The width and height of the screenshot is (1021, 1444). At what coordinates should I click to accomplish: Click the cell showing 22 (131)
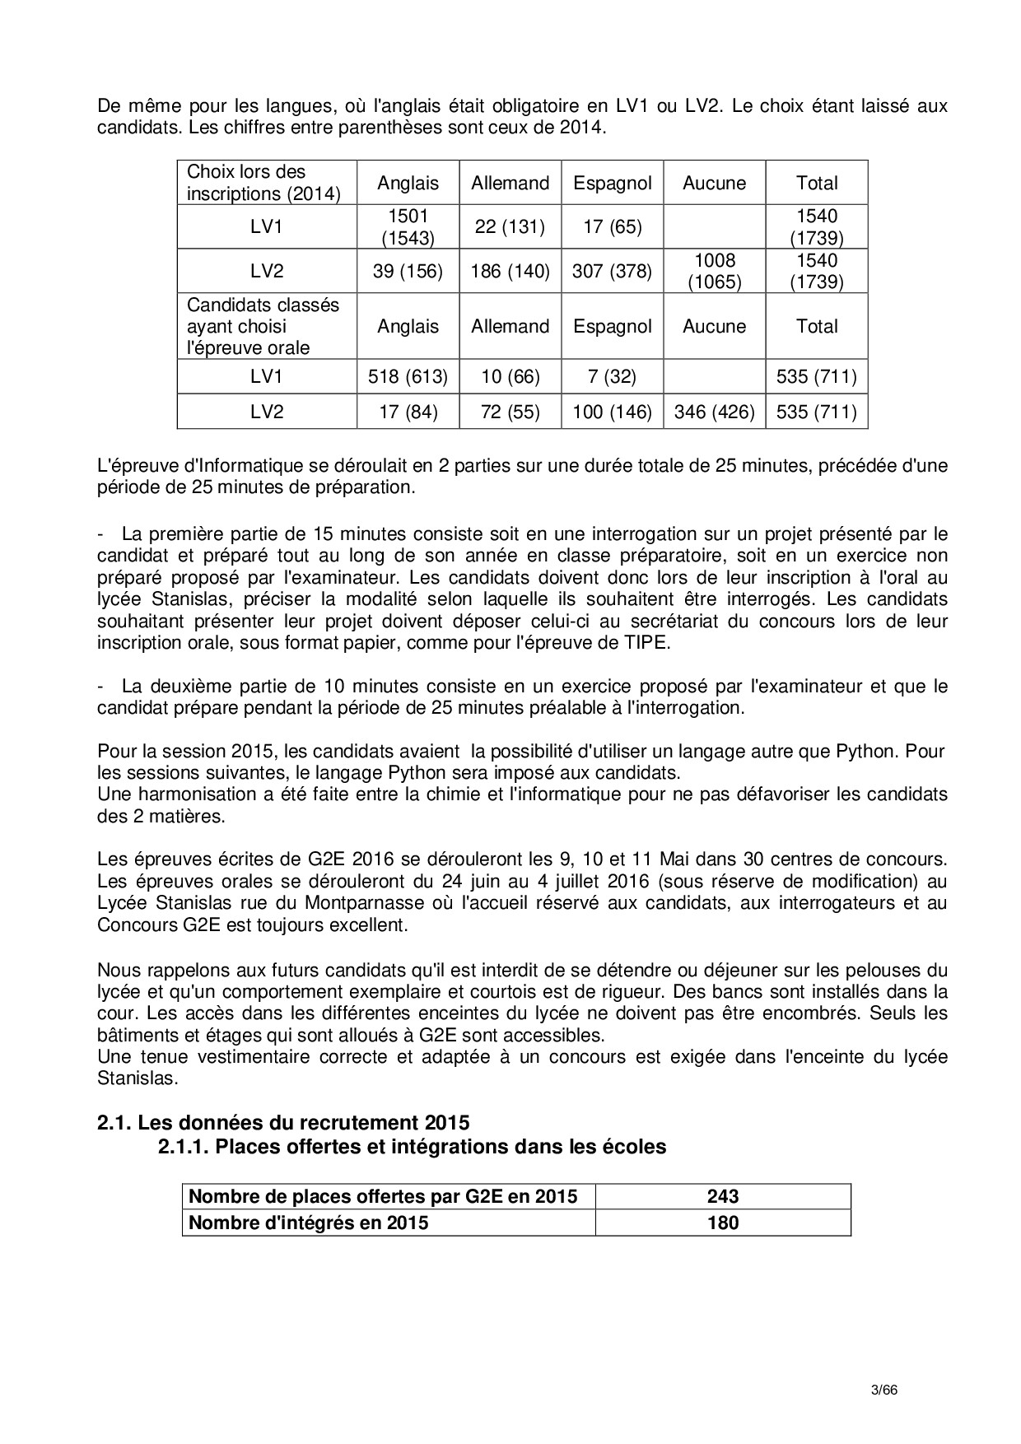point(510,227)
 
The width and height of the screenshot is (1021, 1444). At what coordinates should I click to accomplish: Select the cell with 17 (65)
point(612,227)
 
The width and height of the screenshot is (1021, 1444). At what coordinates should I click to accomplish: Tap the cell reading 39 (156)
point(408,272)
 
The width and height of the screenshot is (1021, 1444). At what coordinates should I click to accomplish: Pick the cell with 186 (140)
point(510,272)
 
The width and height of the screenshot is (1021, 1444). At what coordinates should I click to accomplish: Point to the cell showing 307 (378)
point(612,272)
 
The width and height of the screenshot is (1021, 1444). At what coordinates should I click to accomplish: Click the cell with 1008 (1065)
point(714,272)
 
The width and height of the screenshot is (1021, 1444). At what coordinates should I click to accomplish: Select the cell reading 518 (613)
point(408,377)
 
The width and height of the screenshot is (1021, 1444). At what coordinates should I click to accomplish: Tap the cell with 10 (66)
point(510,377)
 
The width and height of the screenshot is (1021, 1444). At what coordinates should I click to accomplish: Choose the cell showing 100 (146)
point(612,412)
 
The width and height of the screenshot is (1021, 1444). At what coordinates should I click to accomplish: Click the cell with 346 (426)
point(714,412)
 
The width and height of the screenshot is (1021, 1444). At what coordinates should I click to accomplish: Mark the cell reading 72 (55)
point(510,412)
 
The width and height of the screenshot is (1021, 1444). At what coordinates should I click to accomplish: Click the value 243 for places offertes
point(722,1197)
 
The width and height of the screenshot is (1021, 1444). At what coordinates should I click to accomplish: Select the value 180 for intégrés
point(722,1223)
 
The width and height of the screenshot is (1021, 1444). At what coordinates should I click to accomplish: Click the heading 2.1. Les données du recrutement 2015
point(283,1123)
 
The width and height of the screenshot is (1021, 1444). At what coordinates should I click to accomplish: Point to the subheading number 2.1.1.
point(183,1146)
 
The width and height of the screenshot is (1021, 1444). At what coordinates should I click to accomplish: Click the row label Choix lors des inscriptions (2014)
point(263,183)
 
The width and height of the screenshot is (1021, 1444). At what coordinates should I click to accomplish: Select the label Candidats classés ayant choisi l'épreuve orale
point(263,326)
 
